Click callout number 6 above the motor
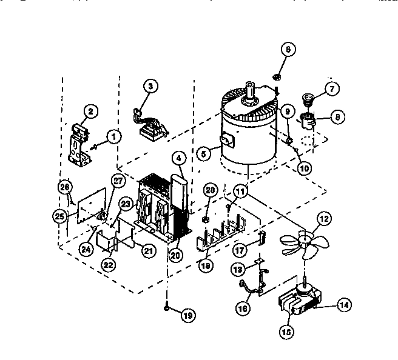(289, 50)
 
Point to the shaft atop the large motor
(249, 91)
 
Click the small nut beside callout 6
(275, 77)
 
